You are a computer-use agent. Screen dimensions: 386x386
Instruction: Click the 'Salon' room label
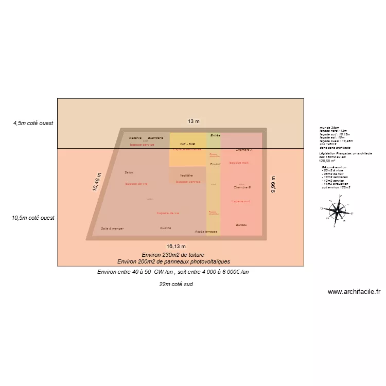[129, 172]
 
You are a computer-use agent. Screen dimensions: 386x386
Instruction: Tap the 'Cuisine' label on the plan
[165, 227]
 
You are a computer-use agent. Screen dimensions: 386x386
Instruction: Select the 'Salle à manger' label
[112, 229]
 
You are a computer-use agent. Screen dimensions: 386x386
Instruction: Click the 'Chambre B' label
[242, 187]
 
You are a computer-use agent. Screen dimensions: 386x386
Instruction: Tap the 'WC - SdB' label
[187, 144]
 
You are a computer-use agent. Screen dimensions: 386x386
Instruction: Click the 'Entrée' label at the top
[215, 135]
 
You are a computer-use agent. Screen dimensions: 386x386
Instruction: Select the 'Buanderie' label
[155, 138]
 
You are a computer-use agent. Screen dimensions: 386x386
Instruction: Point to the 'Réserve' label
[135, 138]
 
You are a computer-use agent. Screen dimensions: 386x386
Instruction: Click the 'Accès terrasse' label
[206, 232]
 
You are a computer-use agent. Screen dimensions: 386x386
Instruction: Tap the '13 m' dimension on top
[194, 121]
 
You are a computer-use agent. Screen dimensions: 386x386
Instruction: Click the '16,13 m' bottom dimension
[176, 247]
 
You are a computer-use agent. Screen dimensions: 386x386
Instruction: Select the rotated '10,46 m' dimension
[97, 182]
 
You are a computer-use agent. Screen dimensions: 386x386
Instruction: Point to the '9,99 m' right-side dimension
[273, 184]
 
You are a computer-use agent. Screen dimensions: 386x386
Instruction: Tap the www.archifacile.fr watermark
[354, 291]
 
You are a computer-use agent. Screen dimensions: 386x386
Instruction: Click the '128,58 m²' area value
[327, 161]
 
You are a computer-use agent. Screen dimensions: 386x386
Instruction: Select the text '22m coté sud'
[176, 284]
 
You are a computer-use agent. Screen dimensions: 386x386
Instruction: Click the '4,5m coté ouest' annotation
[34, 124]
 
